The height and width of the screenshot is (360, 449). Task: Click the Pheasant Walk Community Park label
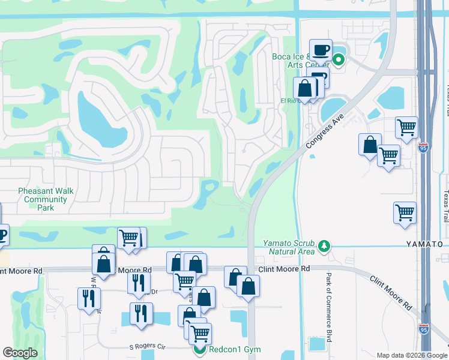(x=46, y=199)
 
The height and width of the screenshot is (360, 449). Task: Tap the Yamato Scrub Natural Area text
(x=289, y=247)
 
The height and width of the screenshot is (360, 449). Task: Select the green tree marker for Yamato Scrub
(x=324, y=245)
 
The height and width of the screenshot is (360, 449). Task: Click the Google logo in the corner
(x=20, y=353)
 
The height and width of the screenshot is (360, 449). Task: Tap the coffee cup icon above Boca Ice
(x=321, y=50)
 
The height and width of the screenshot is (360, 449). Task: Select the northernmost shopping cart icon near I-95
(x=406, y=127)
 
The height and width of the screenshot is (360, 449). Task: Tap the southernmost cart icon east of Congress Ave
(x=405, y=213)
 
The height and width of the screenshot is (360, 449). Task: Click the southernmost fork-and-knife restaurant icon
(x=141, y=314)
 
